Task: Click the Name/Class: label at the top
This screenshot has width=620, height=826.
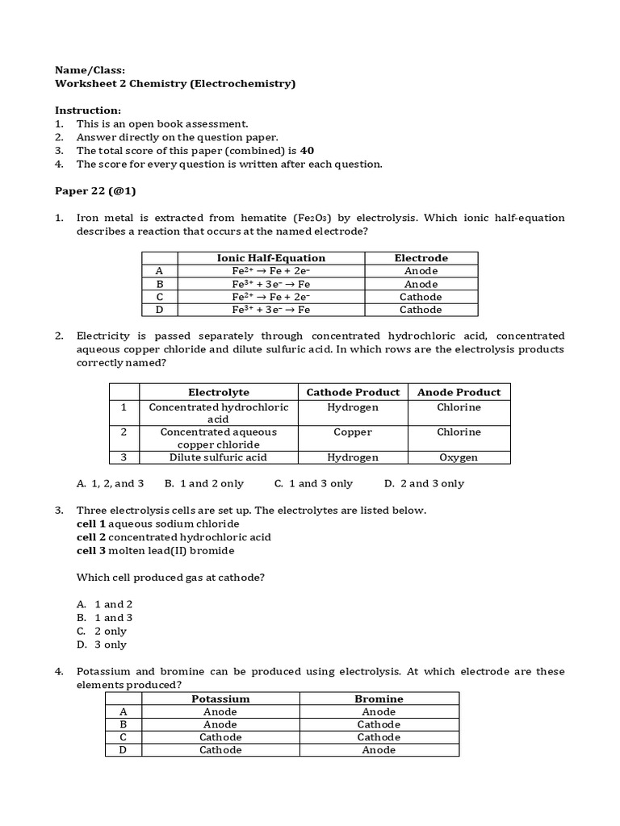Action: point(90,70)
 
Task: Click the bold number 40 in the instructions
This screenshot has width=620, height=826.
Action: point(307,151)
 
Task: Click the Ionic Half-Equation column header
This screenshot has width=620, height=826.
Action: point(270,258)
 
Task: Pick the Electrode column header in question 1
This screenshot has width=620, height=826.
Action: point(421,258)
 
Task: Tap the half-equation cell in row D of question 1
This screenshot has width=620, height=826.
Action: point(270,310)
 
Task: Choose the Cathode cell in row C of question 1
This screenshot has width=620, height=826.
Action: point(421,297)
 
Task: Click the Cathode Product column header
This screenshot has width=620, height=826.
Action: point(353,392)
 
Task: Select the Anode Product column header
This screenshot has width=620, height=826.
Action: point(459,392)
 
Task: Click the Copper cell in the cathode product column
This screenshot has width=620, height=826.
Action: point(353,432)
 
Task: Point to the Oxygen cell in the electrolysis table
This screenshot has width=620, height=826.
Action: point(459,457)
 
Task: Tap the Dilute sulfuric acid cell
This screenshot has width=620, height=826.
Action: point(218,457)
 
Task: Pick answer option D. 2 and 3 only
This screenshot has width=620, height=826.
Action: point(424,484)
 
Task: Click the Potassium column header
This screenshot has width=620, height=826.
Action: point(220,699)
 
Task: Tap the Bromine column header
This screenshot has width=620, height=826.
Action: point(379,699)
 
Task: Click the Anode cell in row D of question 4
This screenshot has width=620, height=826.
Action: point(379,750)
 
